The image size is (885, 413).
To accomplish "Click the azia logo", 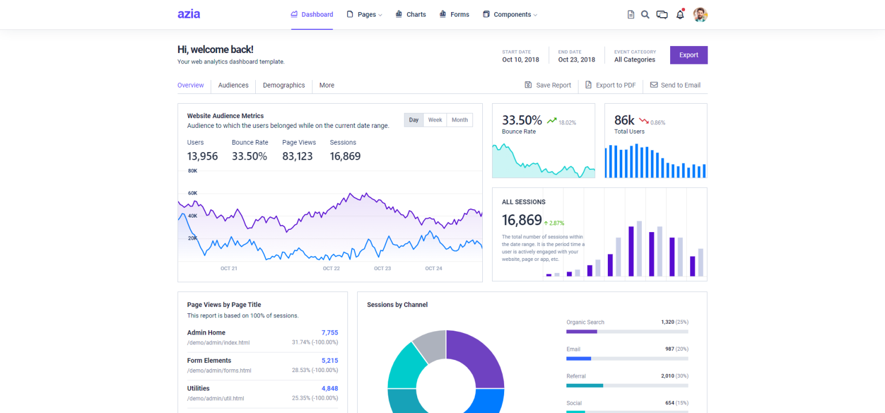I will [188, 14].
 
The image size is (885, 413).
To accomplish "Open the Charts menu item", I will [411, 14].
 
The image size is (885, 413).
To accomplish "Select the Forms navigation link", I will [454, 14].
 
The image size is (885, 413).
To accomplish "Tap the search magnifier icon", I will [645, 14].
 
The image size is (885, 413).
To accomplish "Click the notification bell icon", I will [680, 15].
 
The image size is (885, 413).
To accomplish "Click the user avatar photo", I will [700, 14].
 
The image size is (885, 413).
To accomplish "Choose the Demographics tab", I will [283, 85].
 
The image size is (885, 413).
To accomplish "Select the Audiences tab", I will [233, 85].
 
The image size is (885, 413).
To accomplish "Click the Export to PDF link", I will [610, 85].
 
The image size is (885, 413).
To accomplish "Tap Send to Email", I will [675, 85].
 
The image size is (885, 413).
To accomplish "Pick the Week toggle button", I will [435, 120].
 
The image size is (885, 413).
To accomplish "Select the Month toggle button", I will [459, 120].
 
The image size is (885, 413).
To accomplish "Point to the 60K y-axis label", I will [192, 193].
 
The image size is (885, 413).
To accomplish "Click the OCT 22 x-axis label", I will [331, 268].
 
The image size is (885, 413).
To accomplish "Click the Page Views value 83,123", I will [297, 156].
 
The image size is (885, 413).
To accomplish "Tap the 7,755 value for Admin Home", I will [330, 332].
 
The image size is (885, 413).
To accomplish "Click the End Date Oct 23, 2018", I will [576, 59].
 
